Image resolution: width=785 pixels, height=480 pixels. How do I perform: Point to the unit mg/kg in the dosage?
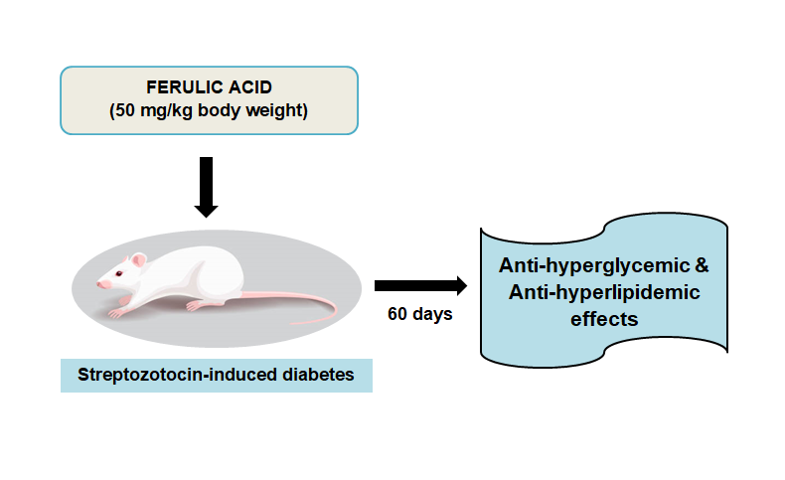(164, 109)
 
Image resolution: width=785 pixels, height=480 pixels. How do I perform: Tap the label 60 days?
(419, 315)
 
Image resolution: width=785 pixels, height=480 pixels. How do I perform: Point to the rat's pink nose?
(99, 284)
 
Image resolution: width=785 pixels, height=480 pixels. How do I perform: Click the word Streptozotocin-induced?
(173, 377)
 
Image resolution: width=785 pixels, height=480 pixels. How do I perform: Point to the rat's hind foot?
(199, 305)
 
